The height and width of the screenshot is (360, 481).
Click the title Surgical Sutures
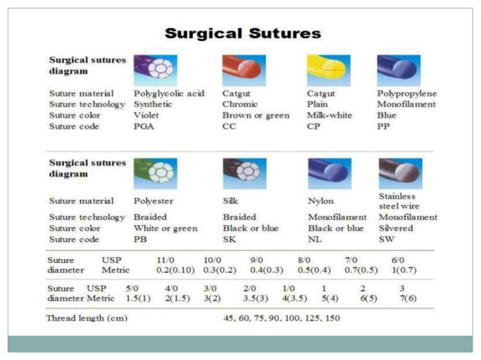point(242,33)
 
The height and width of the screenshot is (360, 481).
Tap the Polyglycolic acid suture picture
point(155,69)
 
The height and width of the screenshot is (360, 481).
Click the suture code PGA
point(145,126)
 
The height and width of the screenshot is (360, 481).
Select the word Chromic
point(240,104)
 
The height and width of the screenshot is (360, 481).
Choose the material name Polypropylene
point(406,93)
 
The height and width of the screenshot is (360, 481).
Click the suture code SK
point(229,239)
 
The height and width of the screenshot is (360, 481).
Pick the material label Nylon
point(320,201)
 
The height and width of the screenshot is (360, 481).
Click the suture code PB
point(141,239)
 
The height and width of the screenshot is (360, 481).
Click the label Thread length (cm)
point(87,318)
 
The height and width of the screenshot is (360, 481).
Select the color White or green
point(165,228)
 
